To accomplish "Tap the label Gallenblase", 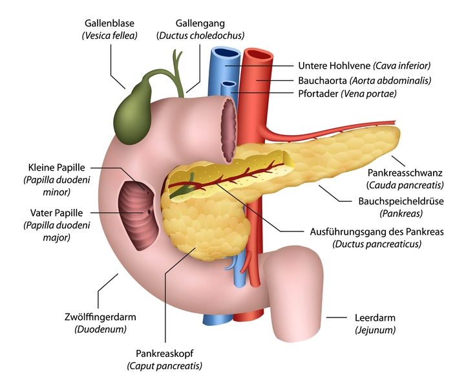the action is (x=109, y=23).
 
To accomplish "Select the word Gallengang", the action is (x=200, y=23).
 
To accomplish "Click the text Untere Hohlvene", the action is (x=334, y=65).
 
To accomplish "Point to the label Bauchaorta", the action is (x=322, y=80).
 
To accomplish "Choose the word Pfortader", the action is (x=318, y=94).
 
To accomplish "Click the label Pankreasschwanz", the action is (x=405, y=173).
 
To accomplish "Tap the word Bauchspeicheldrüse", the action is (x=401, y=201).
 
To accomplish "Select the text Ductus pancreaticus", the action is (x=377, y=244).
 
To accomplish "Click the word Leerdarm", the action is (x=375, y=318).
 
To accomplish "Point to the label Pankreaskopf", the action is (x=164, y=353).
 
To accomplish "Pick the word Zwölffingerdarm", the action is (x=100, y=317).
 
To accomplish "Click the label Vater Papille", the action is (x=56, y=213).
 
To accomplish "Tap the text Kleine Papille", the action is (x=56, y=167).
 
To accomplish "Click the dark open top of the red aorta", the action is (x=259, y=55).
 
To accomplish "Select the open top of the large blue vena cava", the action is (x=226, y=53).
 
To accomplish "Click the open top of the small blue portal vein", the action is (x=229, y=84).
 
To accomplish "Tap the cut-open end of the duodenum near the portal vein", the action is (x=228, y=131).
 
